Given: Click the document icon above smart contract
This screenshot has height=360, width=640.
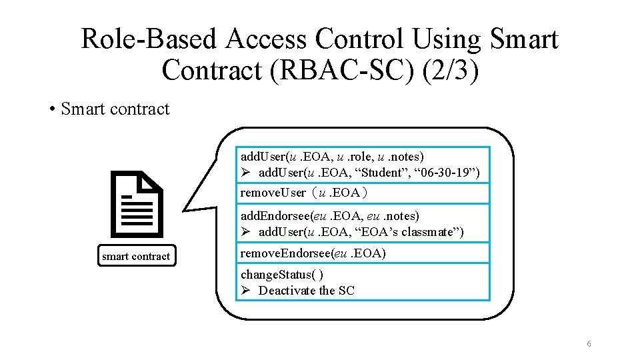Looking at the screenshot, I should pos(137,205).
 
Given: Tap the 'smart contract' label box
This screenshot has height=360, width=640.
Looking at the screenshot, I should pos(136,256).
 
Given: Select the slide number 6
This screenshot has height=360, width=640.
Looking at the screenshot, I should pos(589,343).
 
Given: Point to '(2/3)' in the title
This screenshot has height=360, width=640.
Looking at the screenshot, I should pos(451,69).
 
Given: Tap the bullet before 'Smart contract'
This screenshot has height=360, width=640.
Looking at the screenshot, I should pos(51,109).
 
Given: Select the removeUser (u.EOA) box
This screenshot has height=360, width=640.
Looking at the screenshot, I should pos(364,193).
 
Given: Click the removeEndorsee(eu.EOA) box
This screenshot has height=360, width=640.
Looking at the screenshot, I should pos(364,253).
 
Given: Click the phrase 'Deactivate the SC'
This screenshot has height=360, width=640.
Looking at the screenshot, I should pos(307,291).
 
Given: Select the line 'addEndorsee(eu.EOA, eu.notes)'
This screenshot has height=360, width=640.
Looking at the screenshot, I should pos(329,216).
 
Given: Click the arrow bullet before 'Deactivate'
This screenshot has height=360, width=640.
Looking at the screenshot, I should pos(245,291).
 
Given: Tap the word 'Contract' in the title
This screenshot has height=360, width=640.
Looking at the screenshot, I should pos(213,69).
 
